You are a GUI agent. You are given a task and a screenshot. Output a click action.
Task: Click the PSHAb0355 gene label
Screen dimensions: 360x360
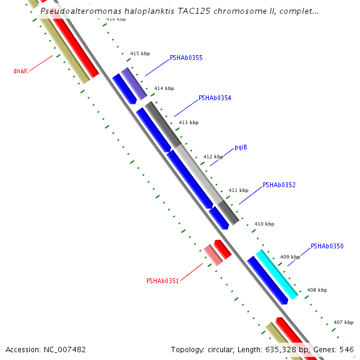pos(186,58)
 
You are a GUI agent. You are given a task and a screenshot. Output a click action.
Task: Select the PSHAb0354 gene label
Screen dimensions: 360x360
pos(215,98)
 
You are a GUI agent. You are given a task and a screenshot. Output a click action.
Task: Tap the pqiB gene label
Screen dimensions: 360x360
pos(241,147)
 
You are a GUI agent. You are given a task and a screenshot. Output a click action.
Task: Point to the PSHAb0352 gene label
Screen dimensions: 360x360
pos(279,185)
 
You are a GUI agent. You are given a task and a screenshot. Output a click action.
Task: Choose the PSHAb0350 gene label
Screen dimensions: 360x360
pos(327,246)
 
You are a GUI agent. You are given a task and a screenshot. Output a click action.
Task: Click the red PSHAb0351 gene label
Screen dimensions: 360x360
pos(163,280)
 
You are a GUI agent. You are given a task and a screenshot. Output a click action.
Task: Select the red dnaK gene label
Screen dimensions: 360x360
pos(21,71)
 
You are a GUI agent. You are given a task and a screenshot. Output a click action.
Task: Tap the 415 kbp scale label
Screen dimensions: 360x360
pos(140,53)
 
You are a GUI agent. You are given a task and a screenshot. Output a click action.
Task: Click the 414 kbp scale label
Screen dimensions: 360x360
pos(164,88)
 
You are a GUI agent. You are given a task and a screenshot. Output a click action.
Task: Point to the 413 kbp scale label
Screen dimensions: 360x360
pos(188,122)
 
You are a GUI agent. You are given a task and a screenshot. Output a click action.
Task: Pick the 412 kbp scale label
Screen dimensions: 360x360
pos(213,157)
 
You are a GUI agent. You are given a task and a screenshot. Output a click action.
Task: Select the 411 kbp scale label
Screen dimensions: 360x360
pos(238,190)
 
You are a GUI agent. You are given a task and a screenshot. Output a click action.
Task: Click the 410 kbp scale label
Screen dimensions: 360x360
pos(264,224)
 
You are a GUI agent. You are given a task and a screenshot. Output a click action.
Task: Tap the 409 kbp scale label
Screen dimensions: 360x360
pos(290,257)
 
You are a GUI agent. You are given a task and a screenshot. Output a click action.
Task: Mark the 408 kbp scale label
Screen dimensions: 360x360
pos(317,290)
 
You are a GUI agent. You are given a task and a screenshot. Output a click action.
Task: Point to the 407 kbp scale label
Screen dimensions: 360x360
pos(343,322)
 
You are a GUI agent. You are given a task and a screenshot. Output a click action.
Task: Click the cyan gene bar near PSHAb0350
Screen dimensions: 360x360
pos(277,274)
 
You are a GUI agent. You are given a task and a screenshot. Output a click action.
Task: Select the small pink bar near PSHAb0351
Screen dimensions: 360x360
pos(214,256)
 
